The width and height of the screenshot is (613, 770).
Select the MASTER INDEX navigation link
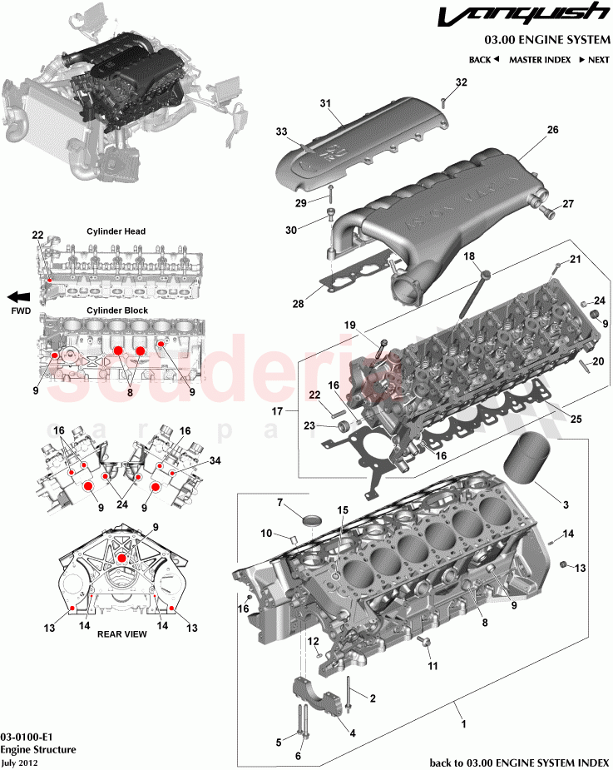(x=539, y=60)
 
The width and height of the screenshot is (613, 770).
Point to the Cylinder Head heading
(x=116, y=231)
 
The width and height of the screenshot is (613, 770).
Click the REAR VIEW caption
(x=122, y=633)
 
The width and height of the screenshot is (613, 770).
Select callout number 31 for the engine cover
(x=325, y=103)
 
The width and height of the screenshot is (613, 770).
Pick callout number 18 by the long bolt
(x=468, y=256)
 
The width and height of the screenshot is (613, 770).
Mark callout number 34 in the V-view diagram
(x=215, y=460)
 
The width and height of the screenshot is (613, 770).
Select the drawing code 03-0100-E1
(x=28, y=738)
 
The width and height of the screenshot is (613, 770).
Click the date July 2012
(x=20, y=762)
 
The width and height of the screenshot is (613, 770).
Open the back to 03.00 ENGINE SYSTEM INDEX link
(x=519, y=762)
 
